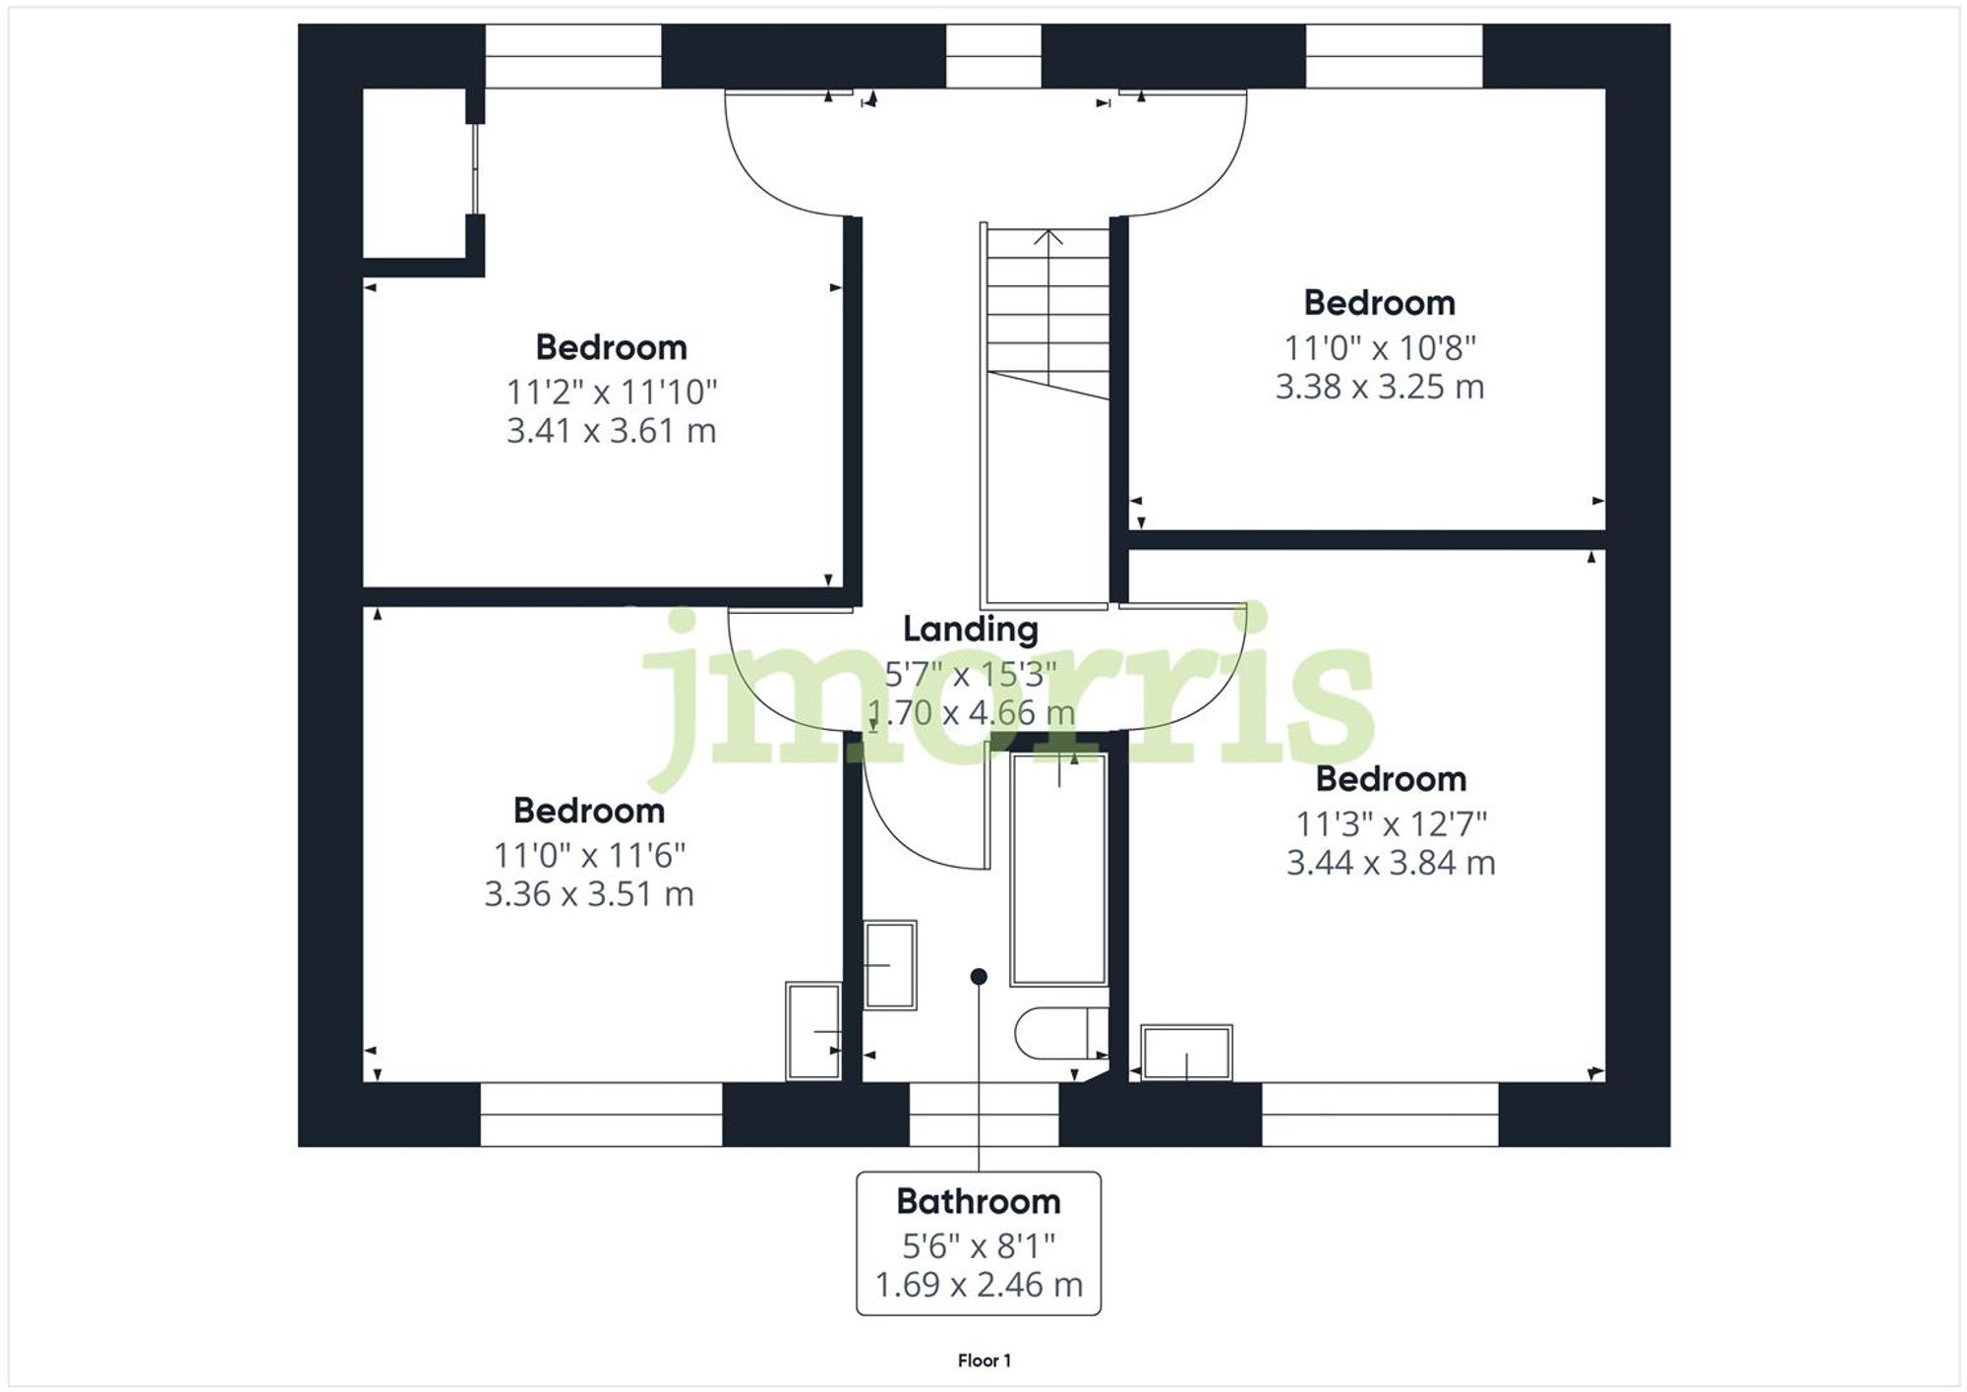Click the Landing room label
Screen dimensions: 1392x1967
point(970,630)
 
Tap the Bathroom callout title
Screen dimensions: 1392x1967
point(978,1201)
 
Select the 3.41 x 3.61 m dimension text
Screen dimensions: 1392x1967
point(611,431)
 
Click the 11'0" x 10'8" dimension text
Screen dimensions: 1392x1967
point(1379,347)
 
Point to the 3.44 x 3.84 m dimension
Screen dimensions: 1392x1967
point(1390,863)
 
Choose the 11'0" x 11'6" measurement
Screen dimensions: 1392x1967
point(588,855)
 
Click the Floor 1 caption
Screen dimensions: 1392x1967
point(983,1361)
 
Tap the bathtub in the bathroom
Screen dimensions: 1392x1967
point(1058,869)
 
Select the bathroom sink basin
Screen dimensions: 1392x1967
point(890,965)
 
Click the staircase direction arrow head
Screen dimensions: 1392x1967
point(1049,235)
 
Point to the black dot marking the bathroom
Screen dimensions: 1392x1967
point(979,977)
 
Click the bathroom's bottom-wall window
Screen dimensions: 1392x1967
point(983,1115)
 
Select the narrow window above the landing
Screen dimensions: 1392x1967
point(993,56)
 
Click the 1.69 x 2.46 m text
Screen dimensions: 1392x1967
point(978,1285)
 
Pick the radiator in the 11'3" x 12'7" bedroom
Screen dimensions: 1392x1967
point(1186,1053)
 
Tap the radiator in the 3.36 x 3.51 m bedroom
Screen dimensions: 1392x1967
point(813,1030)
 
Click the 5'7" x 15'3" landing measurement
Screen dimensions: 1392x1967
point(970,674)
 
